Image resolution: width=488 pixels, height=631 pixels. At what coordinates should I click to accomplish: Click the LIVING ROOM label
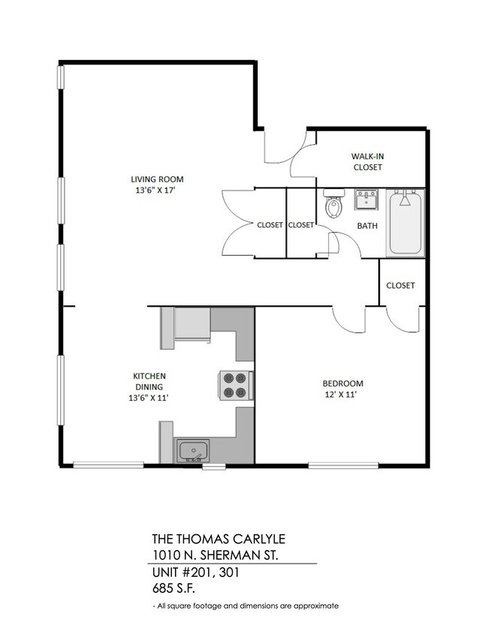157,179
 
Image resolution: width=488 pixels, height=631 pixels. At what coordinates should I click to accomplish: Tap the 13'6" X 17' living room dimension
156,191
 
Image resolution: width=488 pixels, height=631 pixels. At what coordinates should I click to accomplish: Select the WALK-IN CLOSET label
367,161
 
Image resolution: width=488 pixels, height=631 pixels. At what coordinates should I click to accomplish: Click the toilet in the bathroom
333,204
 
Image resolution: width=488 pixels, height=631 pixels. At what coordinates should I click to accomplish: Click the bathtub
405,223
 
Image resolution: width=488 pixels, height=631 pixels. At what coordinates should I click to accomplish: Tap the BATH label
367,225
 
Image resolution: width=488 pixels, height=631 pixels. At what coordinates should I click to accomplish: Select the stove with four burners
234,385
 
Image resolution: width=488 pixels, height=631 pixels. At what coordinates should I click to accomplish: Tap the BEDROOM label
343,383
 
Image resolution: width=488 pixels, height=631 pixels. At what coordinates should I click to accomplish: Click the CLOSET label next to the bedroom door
401,285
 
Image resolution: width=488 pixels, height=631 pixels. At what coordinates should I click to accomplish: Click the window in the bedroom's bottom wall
336,466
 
